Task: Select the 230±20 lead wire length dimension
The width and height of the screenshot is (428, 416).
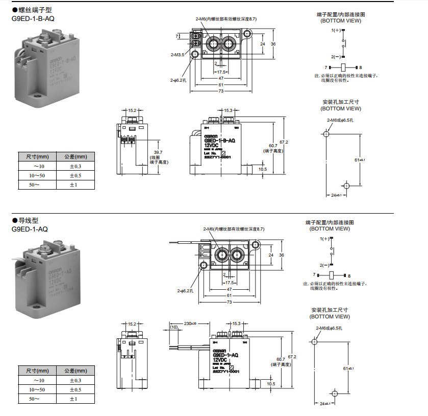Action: click(190, 323)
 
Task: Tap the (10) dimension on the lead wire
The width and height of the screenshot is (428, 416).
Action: click(174, 327)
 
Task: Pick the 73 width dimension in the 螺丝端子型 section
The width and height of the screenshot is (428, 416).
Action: click(221, 91)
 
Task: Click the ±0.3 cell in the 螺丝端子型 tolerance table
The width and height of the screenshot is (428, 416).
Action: click(75, 167)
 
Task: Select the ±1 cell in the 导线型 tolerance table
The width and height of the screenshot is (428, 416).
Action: click(73, 399)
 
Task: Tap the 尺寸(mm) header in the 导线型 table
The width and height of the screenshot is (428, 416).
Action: click(37, 371)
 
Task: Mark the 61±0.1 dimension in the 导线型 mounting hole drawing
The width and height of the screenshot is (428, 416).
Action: click(348, 368)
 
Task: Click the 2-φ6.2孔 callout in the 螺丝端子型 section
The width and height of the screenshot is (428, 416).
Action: click(179, 80)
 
